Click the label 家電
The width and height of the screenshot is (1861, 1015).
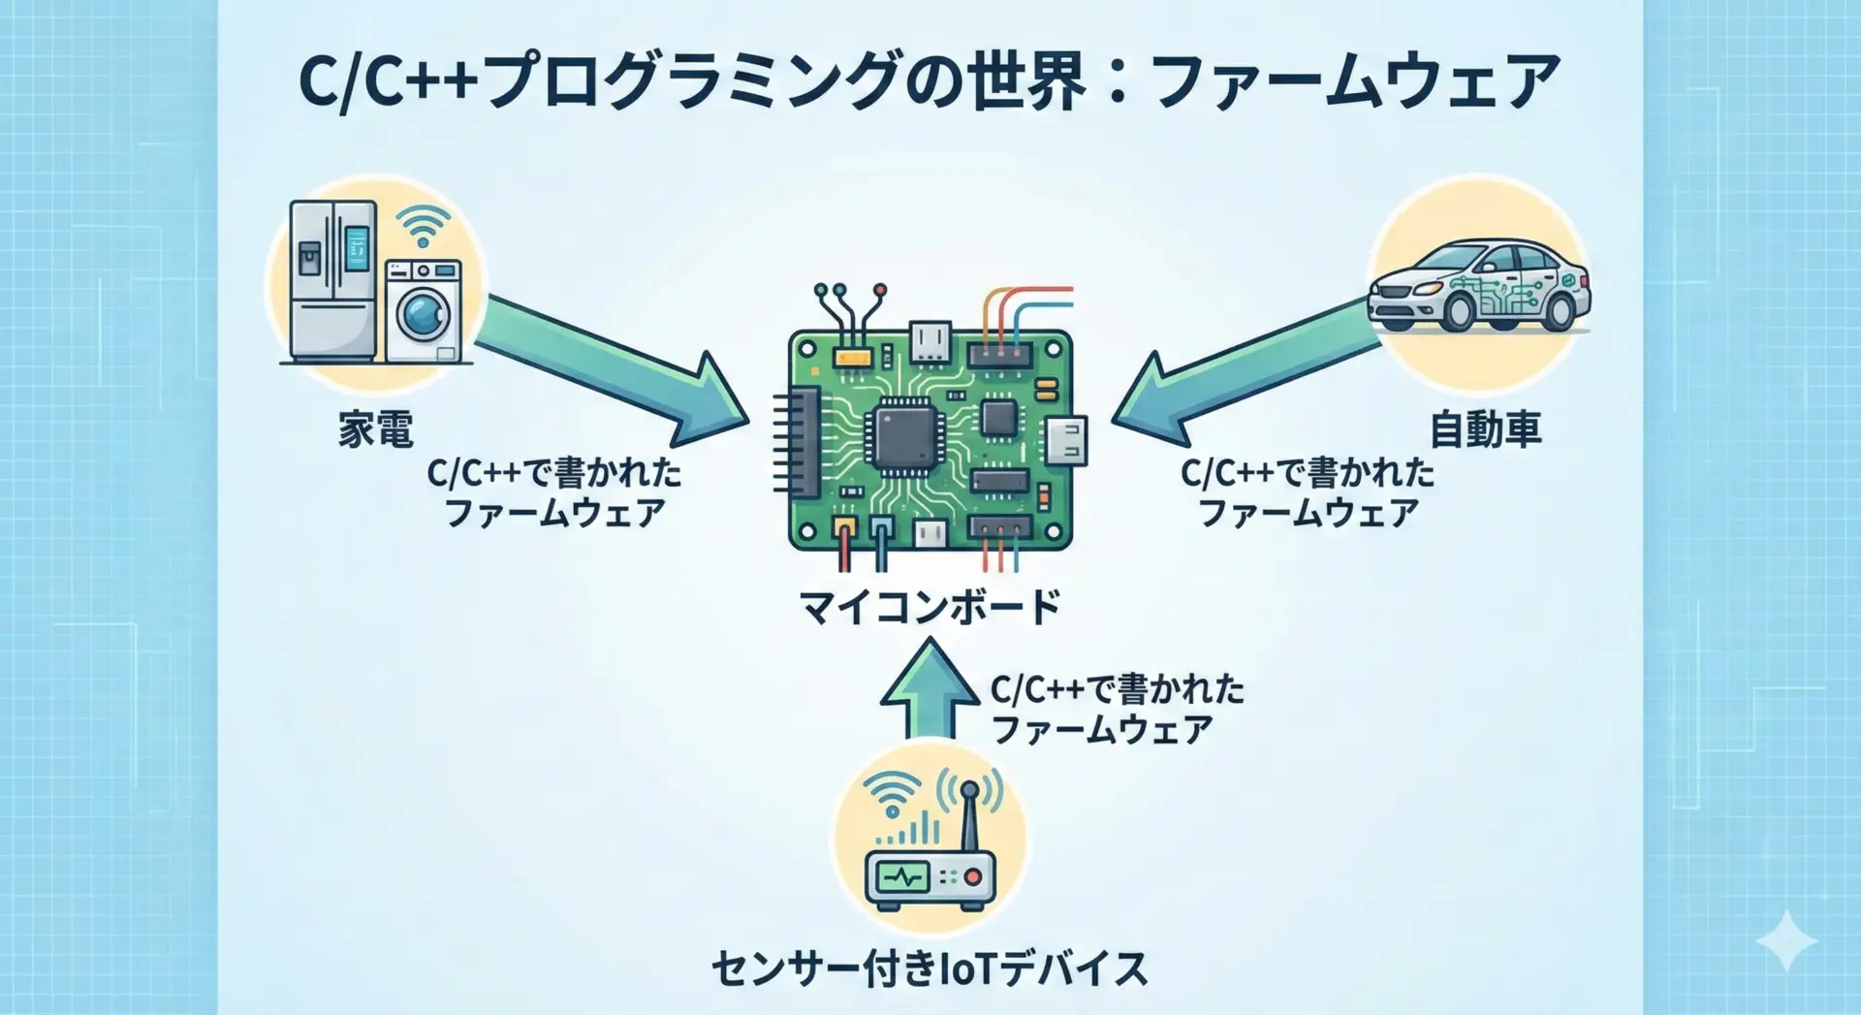point(376,429)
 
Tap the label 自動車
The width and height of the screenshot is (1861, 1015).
point(1485,429)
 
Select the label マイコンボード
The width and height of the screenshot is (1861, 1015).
point(930,608)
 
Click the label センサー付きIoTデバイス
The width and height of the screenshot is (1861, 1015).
point(930,968)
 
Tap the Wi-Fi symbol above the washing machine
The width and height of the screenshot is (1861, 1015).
point(424,226)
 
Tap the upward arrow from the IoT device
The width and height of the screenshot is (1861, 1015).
point(930,688)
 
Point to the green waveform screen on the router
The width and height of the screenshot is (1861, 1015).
point(903,878)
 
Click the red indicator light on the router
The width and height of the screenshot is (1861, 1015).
point(973,878)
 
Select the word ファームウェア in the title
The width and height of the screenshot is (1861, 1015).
point(1357,81)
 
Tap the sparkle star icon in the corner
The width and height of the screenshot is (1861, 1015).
point(1786,940)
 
